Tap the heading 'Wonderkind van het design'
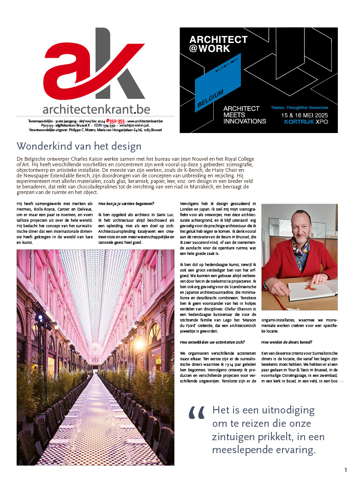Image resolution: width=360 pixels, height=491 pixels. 79,146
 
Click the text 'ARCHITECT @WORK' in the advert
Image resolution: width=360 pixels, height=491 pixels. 218,44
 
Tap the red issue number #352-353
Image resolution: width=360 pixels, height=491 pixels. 115,120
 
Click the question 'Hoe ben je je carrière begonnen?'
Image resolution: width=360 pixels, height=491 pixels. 126,204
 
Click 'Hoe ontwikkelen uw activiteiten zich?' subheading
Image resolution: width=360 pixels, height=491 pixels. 212,342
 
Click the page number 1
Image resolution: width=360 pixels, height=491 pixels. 346,470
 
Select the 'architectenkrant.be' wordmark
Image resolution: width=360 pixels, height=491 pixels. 96,109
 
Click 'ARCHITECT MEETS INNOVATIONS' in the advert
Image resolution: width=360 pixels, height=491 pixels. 244,115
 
